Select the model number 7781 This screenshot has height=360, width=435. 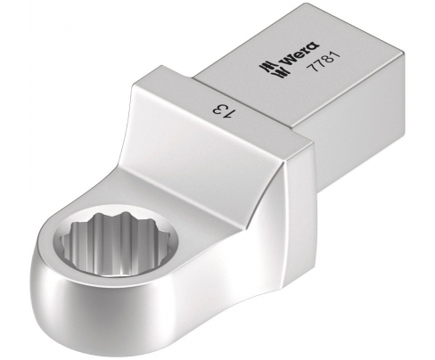click(x=324, y=62)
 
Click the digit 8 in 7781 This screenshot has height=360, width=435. click(x=327, y=61)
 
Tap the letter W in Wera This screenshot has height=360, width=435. click(x=287, y=61)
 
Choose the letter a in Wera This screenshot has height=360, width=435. click(x=314, y=46)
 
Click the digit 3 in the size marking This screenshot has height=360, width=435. click(x=218, y=110)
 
